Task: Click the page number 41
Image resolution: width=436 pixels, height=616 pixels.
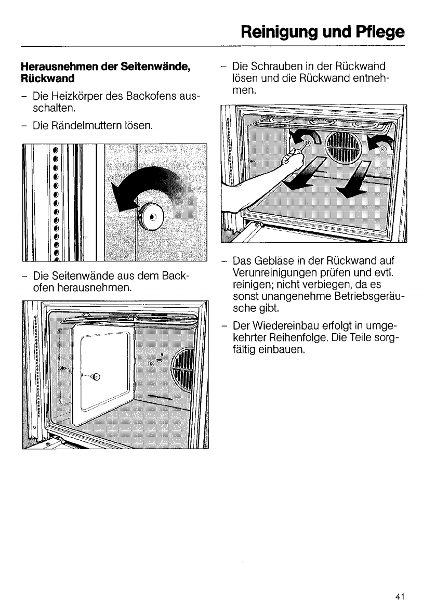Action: coord(399,597)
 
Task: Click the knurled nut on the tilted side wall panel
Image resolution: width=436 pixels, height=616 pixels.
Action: coord(97,377)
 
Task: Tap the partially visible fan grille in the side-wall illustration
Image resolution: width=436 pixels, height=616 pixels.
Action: coord(183,372)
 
